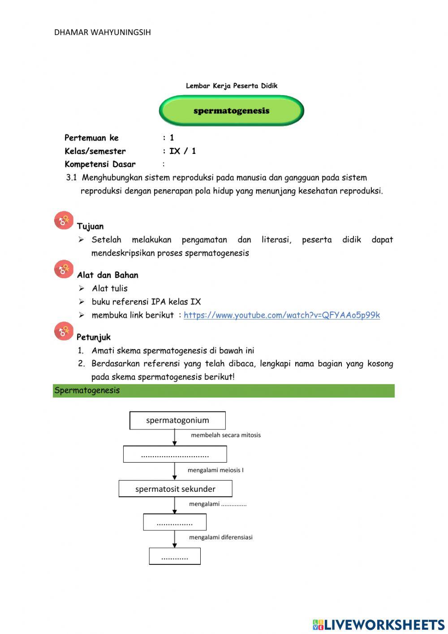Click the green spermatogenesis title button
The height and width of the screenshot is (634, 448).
pos(231,111)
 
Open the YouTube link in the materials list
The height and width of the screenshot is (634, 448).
pos(281,315)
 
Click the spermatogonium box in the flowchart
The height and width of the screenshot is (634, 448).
pos(177,420)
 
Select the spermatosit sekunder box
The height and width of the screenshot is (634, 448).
pos(175,489)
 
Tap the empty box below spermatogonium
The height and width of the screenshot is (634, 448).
pos(175,455)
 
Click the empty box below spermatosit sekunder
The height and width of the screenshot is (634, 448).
pos(175,522)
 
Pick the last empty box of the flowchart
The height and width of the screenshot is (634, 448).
pos(175,556)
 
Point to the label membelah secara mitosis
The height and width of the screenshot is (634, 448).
pos(225,435)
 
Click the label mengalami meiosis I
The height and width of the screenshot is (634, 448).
pos(215,470)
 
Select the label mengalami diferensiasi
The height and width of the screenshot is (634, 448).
pos(220,537)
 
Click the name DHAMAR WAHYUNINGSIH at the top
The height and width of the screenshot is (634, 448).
pos(102,32)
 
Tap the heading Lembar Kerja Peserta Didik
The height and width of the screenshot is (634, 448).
pos(232,86)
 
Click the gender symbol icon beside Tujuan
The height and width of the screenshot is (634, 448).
pos(64,220)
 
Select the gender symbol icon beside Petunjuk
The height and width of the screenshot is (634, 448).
pos(64,331)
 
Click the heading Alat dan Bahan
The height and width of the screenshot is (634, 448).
pos(108,275)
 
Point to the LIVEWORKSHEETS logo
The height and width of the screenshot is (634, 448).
pos(378,625)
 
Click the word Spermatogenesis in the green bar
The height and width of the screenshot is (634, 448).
pos(87,390)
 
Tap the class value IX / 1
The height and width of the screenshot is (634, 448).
pos(182,151)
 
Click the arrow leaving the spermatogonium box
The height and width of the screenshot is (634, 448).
pos(175,437)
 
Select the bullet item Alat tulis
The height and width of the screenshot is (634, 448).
pos(110,289)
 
